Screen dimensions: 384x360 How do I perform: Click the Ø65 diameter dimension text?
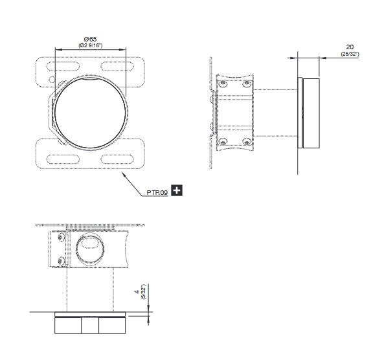tap(90, 39)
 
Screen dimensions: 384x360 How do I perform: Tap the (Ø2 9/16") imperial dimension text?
tap(91, 45)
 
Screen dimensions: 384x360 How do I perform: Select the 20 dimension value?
tap(350, 47)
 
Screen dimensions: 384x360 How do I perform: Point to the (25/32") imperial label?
tap(350, 54)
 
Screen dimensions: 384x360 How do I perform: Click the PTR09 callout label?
tap(157, 192)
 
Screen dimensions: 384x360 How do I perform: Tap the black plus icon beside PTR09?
tap(177, 190)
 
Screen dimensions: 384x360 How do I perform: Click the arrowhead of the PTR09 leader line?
tap(124, 174)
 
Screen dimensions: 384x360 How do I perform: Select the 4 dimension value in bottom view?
tap(137, 291)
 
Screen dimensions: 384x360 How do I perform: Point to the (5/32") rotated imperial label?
tap(144, 291)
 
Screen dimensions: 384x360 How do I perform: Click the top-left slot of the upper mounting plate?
tap(63, 67)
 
